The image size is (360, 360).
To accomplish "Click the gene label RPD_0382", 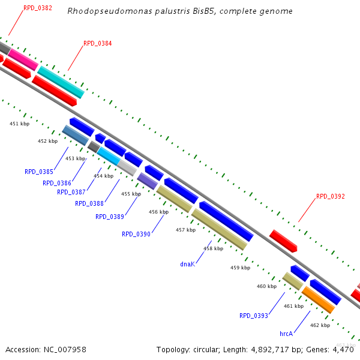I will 37,8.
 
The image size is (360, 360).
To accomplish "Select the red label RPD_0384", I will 97,43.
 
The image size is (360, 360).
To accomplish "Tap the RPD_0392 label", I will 330,196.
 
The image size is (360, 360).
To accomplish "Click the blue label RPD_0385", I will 39,172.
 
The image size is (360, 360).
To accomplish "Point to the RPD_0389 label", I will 110,217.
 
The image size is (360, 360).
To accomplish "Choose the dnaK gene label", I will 187,264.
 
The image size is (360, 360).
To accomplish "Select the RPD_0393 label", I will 253,316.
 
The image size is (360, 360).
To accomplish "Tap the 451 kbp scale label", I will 20,124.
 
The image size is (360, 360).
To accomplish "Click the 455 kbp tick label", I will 131,194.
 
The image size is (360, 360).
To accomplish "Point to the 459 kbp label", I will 240,268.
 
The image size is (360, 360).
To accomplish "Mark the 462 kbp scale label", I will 320,325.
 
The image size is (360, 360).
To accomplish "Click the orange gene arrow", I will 317,299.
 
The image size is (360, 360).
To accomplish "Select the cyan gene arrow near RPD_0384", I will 60,82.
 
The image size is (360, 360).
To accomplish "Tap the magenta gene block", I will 23,59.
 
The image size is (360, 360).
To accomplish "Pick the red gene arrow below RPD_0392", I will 283,241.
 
